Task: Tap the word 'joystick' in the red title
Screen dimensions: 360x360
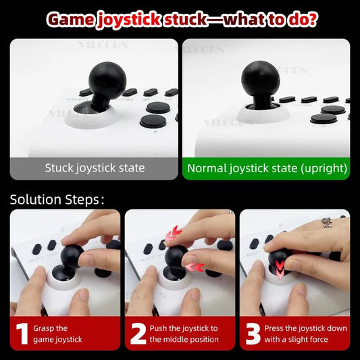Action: [129, 19]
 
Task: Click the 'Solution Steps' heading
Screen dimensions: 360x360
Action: [57, 199]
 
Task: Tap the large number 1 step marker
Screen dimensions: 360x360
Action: [22, 334]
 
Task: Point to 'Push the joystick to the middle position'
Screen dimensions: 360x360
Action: [183, 334]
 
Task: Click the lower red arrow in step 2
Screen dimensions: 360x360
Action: [196, 267]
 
